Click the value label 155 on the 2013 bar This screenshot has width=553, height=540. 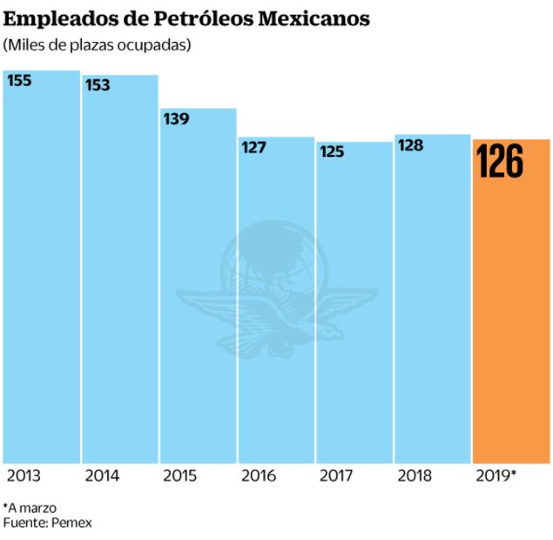pyautogui.click(x=19, y=80)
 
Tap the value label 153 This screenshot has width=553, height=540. pyautogui.click(x=98, y=84)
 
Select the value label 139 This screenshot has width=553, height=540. pyautogui.click(x=176, y=118)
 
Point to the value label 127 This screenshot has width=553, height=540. pyautogui.click(x=253, y=147)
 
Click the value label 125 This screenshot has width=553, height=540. pyautogui.click(x=331, y=152)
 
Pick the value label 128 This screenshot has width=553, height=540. pyautogui.click(x=410, y=145)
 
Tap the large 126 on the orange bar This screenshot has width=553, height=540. pyautogui.click(x=501, y=163)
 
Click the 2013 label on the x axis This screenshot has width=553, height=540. pyautogui.click(x=24, y=476)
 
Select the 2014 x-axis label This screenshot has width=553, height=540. pyautogui.click(x=102, y=476)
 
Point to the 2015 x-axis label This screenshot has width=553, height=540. pyautogui.click(x=179, y=476)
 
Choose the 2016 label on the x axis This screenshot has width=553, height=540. pyautogui.click(x=258, y=476)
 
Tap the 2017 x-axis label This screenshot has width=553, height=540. pyautogui.click(x=335, y=476)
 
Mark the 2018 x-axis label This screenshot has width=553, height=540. pyautogui.click(x=415, y=476)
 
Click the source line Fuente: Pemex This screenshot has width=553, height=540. pyautogui.click(x=48, y=523)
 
